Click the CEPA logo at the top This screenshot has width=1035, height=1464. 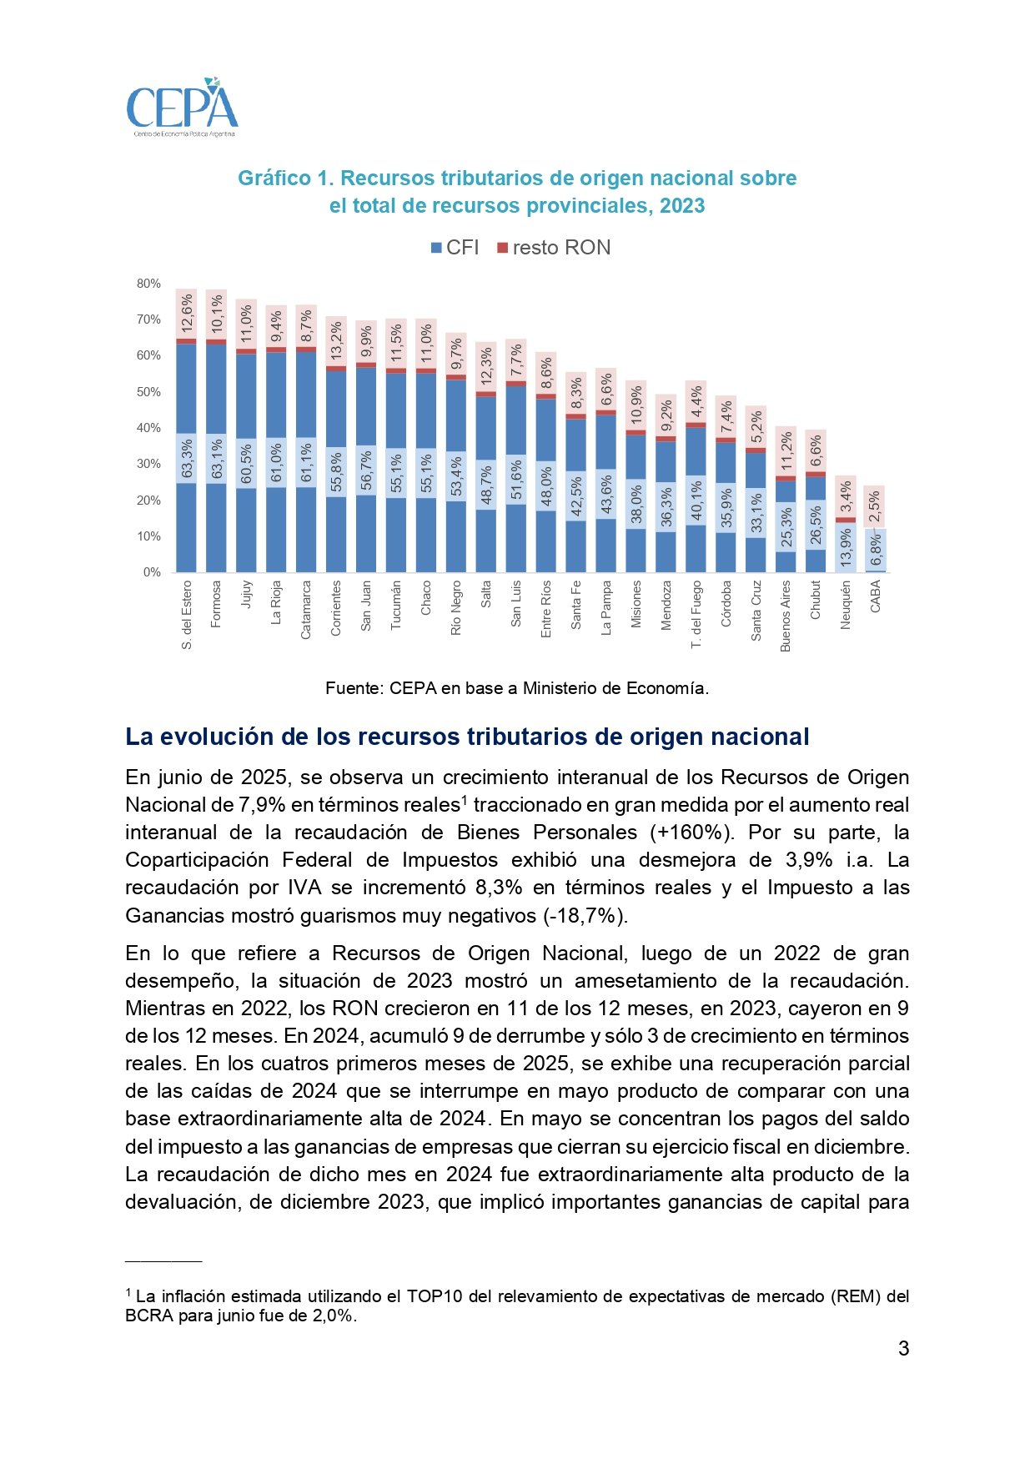tap(182, 108)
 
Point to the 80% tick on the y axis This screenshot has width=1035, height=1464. tap(149, 284)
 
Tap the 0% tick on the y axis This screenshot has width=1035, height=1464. tap(153, 572)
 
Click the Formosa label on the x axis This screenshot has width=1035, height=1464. tap(216, 604)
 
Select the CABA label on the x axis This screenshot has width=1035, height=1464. tap(876, 596)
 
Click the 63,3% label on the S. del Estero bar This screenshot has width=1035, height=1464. tap(187, 460)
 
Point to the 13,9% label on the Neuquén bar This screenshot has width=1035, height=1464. tap(846, 548)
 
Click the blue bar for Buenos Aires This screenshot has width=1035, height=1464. tap(786, 492)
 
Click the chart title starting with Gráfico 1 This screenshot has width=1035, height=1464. tap(517, 192)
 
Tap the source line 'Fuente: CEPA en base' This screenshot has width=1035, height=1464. tap(517, 688)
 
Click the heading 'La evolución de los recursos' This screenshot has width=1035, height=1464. tap(467, 737)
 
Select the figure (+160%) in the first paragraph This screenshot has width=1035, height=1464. tap(691, 833)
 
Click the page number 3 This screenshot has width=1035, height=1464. tap(903, 1349)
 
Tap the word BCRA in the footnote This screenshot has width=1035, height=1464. tap(148, 1316)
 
